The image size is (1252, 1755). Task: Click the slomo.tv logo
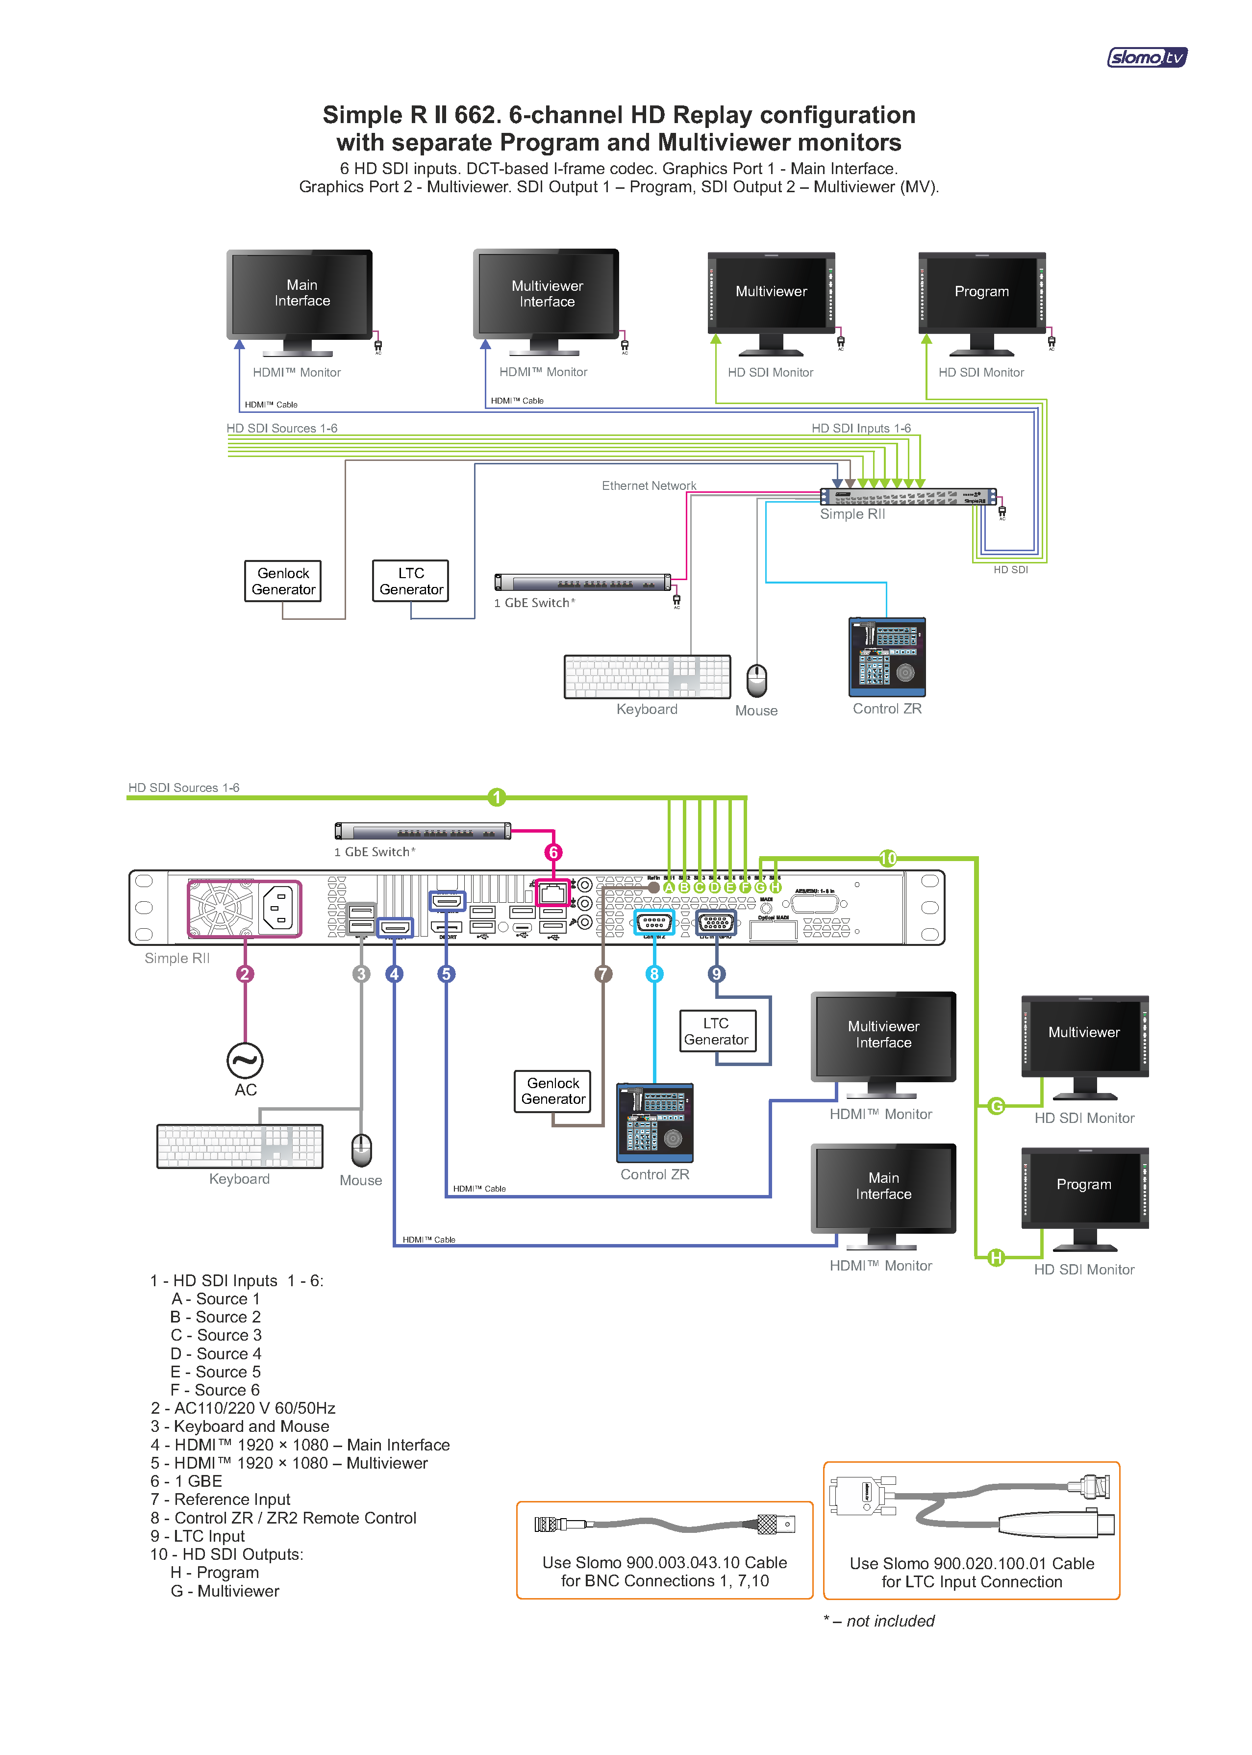pyautogui.click(x=1147, y=57)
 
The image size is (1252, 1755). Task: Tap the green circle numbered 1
pyautogui.click(x=497, y=797)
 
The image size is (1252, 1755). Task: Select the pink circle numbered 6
pyautogui.click(x=553, y=852)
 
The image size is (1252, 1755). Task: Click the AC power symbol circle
pyautogui.click(x=245, y=1061)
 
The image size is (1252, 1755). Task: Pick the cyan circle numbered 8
pyautogui.click(x=654, y=974)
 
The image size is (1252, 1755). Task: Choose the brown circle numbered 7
pyautogui.click(x=603, y=974)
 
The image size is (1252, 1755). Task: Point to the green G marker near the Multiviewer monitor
pyautogui.click(x=996, y=1107)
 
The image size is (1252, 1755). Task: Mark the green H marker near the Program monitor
pyautogui.click(x=996, y=1258)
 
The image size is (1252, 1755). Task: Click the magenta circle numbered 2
pyautogui.click(x=245, y=974)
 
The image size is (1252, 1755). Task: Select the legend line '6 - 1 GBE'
pyautogui.click(x=187, y=1481)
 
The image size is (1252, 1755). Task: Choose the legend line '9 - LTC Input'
pyautogui.click(x=198, y=1536)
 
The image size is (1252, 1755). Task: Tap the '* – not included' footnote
pyautogui.click(x=879, y=1621)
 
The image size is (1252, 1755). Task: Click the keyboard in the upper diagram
pyautogui.click(x=647, y=677)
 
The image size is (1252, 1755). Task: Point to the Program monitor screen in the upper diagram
pyautogui.click(x=981, y=291)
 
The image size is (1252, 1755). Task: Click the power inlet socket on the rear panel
pyautogui.click(x=278, y=908)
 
